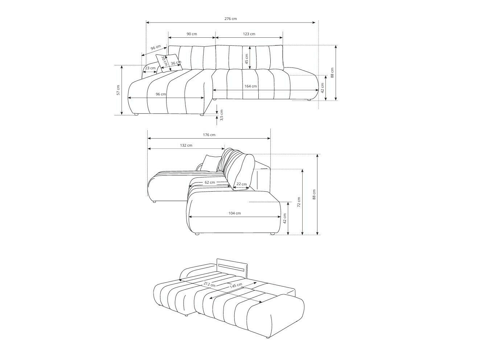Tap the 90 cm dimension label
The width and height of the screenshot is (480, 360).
click(x=192, y=34)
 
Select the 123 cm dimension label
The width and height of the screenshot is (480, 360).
click(x=249, y=34)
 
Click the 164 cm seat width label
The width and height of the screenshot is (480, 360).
click(x=250, y=86)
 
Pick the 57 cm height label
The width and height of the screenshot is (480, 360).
click(x=118, y=90)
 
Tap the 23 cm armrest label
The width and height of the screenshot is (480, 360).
click(x=150, y=68)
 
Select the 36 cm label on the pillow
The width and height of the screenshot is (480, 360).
click(x=176, y=63)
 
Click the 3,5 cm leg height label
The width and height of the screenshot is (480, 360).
click(x=222, y=115)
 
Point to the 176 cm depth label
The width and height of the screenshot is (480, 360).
click(x=209, y=135)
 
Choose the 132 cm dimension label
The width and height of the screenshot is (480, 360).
click(x=186, y=145)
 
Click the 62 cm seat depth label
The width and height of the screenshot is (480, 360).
click(x=210, y=182)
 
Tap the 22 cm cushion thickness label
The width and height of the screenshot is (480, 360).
click(x=241, y=184)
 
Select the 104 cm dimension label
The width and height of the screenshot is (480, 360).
click(x=235, y=213)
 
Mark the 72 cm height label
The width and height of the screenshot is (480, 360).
click(x=299, y=202)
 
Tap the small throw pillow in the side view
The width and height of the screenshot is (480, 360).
click(x=210, y=162)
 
